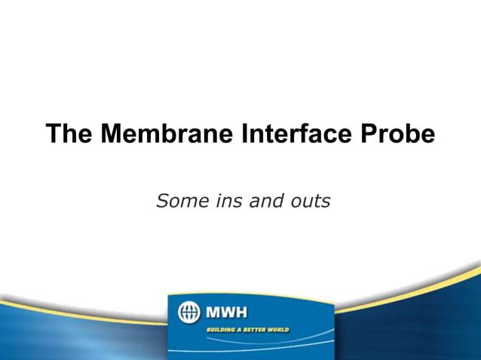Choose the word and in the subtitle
point(261,201)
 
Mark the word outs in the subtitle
point(310,201)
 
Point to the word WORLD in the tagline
point(280,330)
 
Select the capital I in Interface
point(245,134)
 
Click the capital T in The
point(54,134)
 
